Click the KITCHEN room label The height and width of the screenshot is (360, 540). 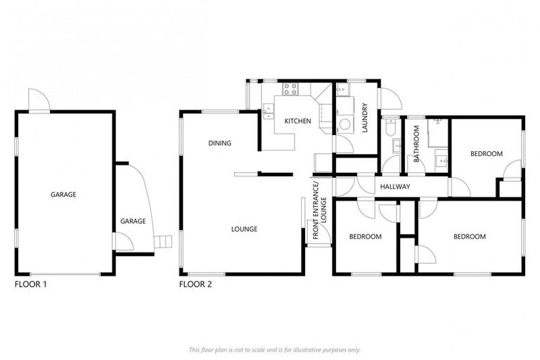point(297,121)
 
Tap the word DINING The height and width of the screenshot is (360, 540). point(219,143)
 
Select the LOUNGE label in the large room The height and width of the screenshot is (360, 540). point(244,229)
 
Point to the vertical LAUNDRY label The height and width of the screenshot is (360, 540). point(366,117)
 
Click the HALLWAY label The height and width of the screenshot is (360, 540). point(394,186)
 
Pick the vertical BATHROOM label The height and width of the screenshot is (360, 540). point(416,143)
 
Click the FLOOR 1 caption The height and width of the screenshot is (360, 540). point(30,285)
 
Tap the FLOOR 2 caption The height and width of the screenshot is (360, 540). point(195,285)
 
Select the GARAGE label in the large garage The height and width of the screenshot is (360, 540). point(63,194)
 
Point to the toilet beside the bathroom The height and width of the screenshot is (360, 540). point(390,131)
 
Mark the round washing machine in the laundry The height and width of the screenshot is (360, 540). point(345,124)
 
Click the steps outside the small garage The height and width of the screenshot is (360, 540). point(163,242)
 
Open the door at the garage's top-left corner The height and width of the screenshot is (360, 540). point(36,101)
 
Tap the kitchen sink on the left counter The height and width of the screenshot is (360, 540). point(268,110)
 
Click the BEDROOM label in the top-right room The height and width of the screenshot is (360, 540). point(487,153)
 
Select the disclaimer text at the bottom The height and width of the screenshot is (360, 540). point(274,349)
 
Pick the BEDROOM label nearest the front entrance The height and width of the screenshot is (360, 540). point(366,236)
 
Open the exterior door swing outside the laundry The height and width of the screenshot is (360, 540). point(390,100)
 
